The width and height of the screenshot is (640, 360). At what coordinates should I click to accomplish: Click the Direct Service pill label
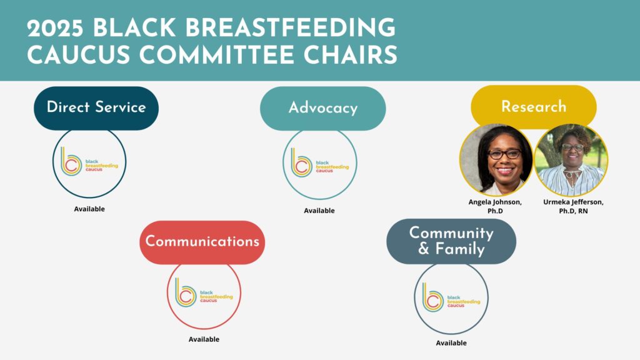coord(96,108)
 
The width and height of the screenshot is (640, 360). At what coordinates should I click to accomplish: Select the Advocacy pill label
coord(323,109)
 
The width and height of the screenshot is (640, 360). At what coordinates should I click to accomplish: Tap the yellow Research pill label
coord(534,106)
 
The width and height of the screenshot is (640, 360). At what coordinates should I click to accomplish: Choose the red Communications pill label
coord(202,242)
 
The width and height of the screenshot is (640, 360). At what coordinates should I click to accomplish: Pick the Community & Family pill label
coord(451,241)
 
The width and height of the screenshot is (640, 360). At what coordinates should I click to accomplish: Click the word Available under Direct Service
coord(89,209)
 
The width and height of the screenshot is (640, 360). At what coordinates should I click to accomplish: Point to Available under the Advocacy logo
coord(319,211)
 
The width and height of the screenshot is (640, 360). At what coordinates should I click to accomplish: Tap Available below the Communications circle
coord(204,339)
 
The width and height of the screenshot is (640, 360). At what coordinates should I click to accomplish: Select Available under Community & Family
coord(451,343)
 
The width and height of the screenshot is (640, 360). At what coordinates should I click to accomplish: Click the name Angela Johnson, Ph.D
coord(495,206)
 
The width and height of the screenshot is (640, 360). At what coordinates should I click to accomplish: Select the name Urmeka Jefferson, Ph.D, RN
coord(574,206)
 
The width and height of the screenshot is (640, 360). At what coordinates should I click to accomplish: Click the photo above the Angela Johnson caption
coord(496,160)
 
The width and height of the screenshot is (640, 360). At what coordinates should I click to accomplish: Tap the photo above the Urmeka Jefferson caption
coord(571,160)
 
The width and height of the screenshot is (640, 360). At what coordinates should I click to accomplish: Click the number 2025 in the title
coord(56,28)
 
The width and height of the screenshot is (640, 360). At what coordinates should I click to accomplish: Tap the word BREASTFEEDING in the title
coord(290,28)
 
